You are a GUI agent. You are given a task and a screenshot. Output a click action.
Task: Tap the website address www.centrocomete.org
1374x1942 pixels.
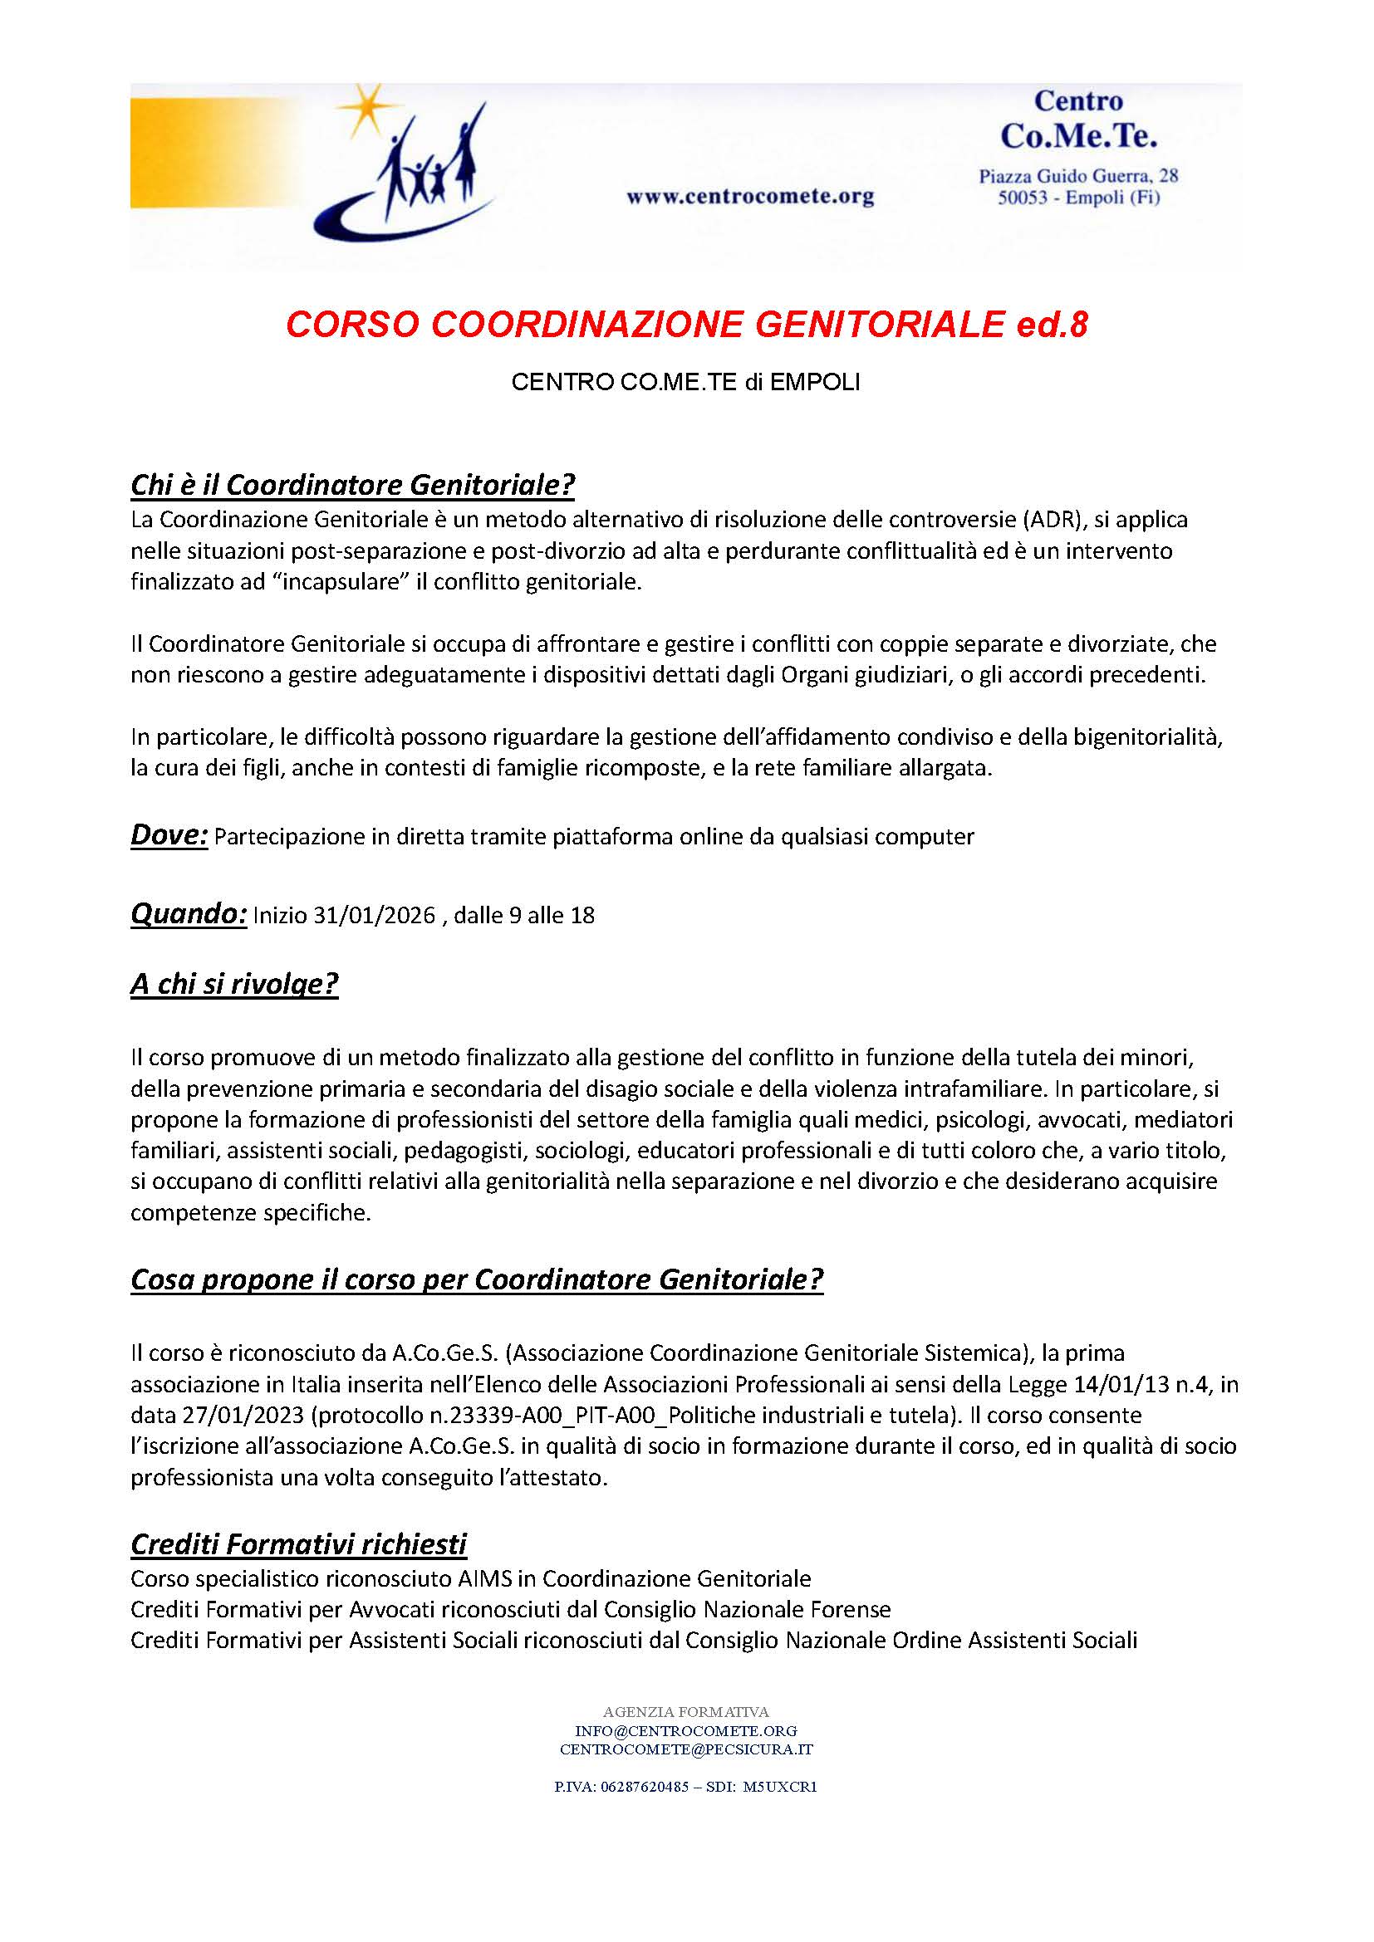click(x=749, y=198)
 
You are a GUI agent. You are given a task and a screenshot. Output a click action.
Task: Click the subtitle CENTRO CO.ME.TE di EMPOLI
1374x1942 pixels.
click(x=685, y=383)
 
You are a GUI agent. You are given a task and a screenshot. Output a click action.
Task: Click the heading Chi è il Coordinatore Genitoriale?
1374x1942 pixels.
click(x=353, y=485)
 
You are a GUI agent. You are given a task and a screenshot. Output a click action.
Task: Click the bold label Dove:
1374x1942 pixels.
click(x=169, y=836)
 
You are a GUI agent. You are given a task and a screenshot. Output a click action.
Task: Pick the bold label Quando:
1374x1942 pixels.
click(x=188, y=914)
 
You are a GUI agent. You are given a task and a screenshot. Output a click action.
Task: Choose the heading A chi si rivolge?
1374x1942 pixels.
click(x=234, y=986)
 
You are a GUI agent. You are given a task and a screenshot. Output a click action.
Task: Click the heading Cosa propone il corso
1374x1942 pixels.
click(x=476, y=1280)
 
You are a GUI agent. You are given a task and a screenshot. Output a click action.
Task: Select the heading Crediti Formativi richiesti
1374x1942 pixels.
click(x=299, y=1544)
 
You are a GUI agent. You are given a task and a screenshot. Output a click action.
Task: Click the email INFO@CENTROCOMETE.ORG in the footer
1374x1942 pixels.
click(x=685, y=1730)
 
